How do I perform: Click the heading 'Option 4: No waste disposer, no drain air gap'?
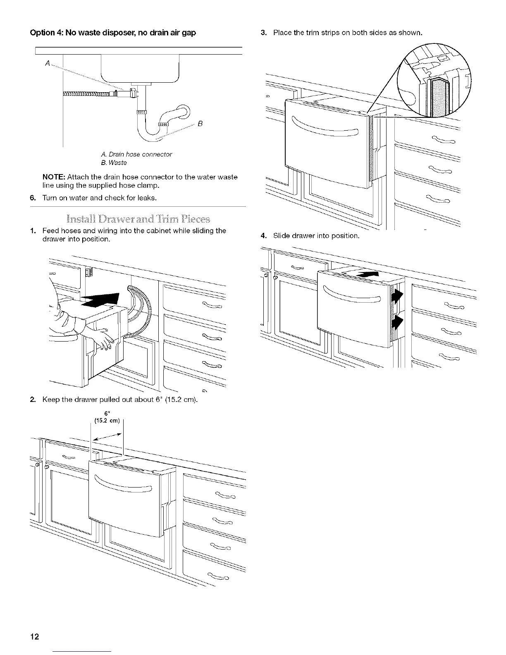pos(113,33)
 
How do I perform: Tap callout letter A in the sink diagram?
pos(48,64)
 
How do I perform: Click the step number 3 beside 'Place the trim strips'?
pos(263,33)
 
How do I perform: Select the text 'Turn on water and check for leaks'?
pos(99,198)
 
